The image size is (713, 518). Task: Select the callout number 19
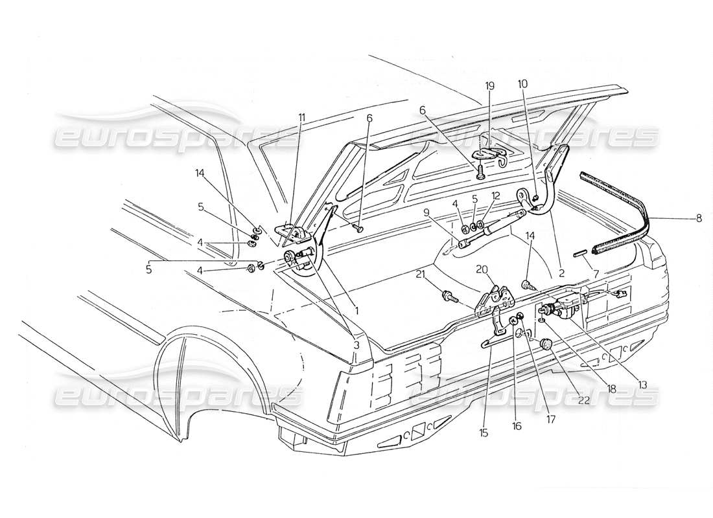click(489, 85)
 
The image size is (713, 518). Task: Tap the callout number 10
click(523, 84)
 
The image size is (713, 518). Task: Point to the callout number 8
click(698, 218)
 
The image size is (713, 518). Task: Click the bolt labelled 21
click(447, 297)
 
